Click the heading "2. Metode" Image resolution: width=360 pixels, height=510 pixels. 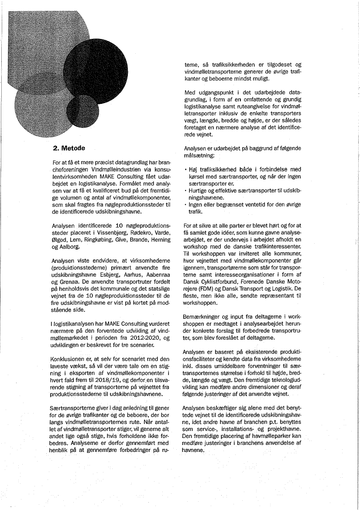click(69, 148)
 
